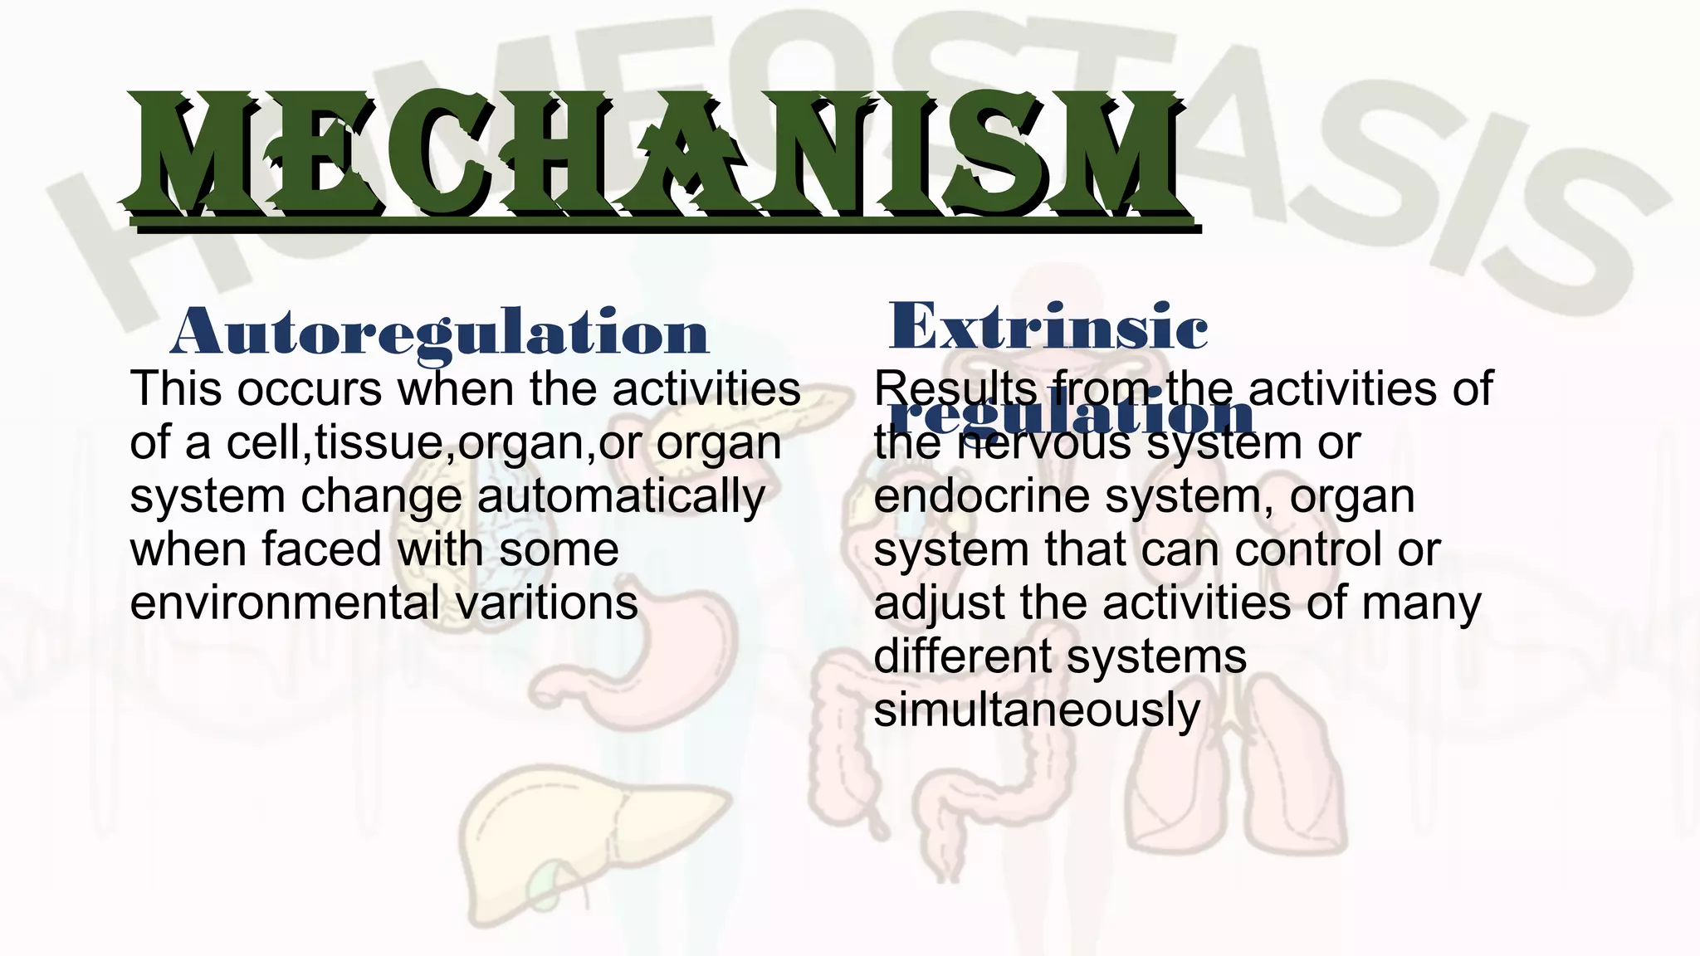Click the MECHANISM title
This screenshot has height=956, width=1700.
click(x=656, y=158)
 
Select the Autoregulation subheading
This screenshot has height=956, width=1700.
click(x=440, y=332)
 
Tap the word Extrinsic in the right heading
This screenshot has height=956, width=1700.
click(x=1048, y=327)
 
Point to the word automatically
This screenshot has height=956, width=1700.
click(x=621, y=497)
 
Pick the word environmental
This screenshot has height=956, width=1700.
click(x=285, y=603)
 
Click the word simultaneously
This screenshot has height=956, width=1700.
click(x=1037, y=710)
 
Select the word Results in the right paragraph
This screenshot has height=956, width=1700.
click(x=955, y=389)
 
